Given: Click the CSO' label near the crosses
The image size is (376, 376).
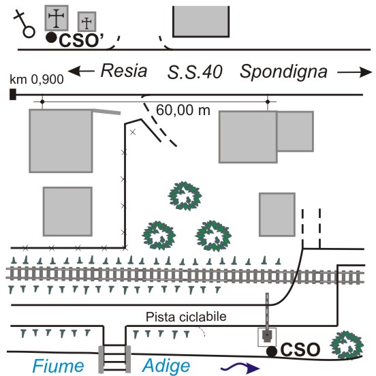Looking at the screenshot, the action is (81, 40).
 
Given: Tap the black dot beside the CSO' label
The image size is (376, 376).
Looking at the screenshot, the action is (51, 37).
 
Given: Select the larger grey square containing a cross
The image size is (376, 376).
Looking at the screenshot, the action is (57, 18).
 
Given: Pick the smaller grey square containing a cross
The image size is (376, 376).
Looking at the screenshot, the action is (87, 22).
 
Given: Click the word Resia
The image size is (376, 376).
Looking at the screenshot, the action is (124, 71).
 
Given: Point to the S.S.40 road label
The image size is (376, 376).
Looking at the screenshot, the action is (195, 72).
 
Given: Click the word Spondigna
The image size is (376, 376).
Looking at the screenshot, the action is (283, 72).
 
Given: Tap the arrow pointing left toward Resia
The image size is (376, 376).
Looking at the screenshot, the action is (81, 71).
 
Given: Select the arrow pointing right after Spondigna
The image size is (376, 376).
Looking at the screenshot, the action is (354, 72).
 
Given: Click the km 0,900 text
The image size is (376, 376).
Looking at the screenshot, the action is (37, 80).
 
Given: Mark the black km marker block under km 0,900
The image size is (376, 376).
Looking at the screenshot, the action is (13, 94).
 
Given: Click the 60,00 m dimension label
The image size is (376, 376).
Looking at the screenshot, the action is (183, 110).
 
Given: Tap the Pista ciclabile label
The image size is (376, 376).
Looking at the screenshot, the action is (186, 317).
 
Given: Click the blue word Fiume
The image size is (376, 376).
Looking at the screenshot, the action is (58, 366).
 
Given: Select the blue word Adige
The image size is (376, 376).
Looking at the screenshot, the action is (166, 366).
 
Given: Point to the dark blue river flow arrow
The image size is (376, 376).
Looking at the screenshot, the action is (240, 368).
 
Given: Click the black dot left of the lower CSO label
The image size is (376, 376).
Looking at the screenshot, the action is (272, 351).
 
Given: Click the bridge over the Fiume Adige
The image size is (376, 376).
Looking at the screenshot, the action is (114, 359).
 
